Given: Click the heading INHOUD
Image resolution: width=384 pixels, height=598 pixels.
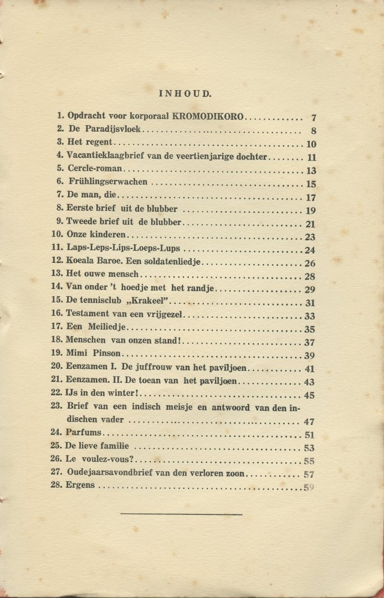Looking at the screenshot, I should (x=185, y=94).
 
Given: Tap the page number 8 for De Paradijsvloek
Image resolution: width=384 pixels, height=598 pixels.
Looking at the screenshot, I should (x=313, y=132).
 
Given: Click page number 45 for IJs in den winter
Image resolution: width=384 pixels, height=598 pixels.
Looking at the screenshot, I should (x=309, y=395).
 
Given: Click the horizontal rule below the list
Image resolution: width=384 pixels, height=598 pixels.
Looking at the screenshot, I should (x=181, y=514).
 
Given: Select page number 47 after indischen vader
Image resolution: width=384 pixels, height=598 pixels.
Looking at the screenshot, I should (x=309, y=422).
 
